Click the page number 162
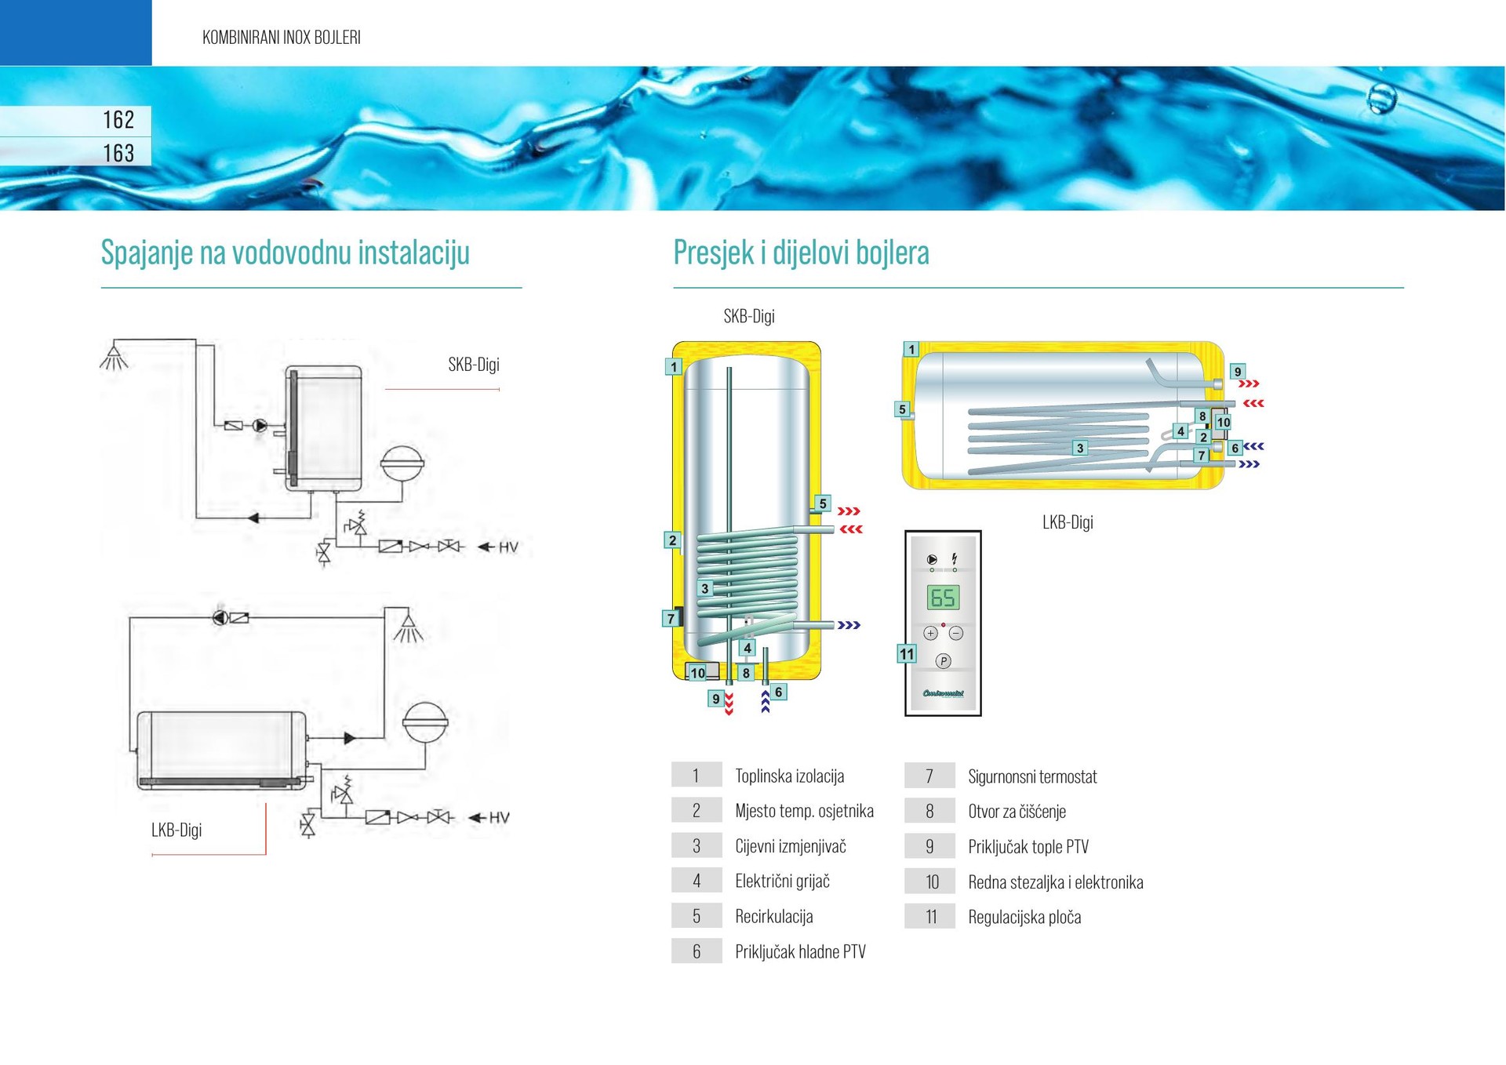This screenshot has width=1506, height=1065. (x=118, y=119)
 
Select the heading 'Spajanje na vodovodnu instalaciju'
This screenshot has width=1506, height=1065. (x=285, y=253)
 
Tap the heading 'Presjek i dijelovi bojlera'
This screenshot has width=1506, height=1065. (x=801, y=253)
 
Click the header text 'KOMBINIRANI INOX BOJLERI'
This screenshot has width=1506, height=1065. (x=281, y=37)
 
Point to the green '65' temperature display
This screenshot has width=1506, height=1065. (x=942, y=598)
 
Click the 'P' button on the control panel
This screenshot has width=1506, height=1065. (x=943, y=661)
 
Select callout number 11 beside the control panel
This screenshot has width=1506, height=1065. (x=907, y=654)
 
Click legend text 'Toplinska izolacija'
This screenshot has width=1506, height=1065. (x=789, y=776)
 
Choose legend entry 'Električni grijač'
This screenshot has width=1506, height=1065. (x=782, y=881)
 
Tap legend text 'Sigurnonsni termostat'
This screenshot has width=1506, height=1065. (x=1032, y=776)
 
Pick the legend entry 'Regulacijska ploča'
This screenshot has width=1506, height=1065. (x=1024, y=917)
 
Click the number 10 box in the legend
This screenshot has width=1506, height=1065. (x=931, y=881)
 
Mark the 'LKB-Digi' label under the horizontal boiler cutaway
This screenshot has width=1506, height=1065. (x=1068, y=522)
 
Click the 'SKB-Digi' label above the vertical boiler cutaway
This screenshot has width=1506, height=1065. (x=748, y=316)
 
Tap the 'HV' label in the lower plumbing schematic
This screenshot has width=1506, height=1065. (x=500, y=817)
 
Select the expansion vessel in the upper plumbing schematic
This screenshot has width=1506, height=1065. (x=402, y=463)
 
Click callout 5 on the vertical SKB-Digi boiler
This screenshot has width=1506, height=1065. (x=822, y=503)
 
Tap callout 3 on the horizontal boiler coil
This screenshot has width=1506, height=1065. (x=1080, y=448)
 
